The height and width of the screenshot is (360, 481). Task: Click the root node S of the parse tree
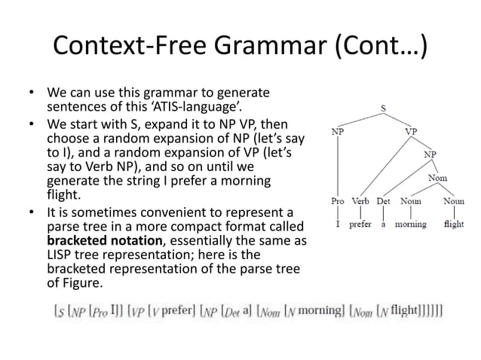(383, 108)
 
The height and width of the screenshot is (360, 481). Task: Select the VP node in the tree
(411, 130)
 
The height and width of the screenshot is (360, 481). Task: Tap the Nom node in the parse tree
(437, 178)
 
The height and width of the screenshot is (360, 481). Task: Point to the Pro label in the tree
(339, 202)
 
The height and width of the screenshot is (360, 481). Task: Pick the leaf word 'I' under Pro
(339, 224)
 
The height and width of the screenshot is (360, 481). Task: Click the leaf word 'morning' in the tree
(410, 224)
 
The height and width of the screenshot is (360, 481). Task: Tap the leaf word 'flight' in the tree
(454, 224)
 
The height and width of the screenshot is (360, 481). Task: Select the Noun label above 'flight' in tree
(454, 202)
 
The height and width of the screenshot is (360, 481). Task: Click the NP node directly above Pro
(340, 130)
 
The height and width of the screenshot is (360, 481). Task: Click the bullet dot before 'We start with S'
(34, 123)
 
